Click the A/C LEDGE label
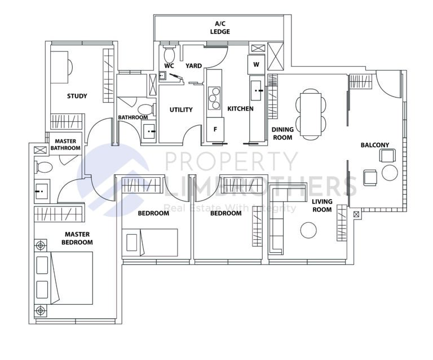(220, 28)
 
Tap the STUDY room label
(77, 96)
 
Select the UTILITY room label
(181, 109)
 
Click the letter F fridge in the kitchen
(215, 129)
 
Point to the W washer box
(256, 64)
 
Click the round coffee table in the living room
(308, 230)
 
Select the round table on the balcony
(390, 173)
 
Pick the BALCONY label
(375, 145)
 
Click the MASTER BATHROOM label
(65, 144)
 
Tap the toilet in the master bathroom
(43, 167)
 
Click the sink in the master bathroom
(40, 191)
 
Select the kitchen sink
(257, 90)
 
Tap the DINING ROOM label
(282, 133)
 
